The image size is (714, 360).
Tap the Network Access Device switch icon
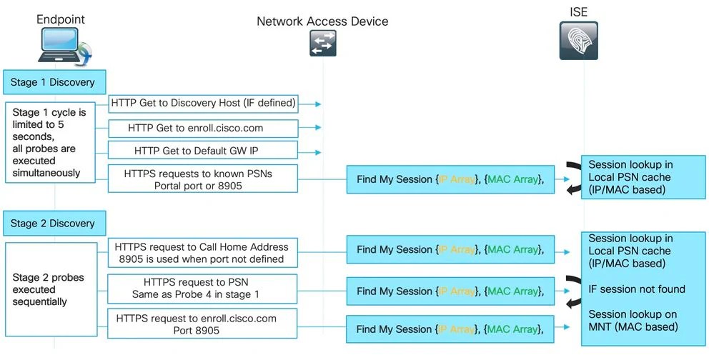(322, 44)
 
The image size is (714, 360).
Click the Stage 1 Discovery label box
(53, 82)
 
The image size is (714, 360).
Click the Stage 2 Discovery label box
(53, 223)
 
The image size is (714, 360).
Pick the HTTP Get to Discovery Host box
(203, 104)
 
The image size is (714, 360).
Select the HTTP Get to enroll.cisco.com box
(203, 129)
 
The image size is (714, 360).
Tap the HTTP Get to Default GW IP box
(203, 151)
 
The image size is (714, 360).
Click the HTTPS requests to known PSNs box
(203, 179)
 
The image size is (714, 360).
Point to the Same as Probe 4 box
(203, 288)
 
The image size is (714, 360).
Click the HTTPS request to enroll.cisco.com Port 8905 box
(203, 324)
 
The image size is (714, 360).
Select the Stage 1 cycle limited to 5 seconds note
(50, 143)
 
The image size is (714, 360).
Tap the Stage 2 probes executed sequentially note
(50, 289)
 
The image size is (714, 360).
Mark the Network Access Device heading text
(322, 21)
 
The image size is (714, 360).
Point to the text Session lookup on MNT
(633, 321)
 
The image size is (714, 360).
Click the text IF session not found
(637, 289)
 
